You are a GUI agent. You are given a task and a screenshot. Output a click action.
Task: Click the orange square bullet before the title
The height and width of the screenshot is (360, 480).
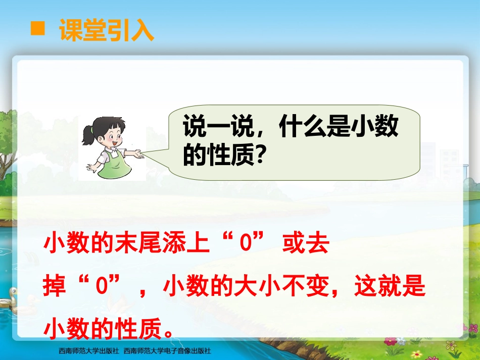tap(37, 29)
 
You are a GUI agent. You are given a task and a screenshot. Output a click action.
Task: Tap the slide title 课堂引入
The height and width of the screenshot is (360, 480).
tap(106, 31)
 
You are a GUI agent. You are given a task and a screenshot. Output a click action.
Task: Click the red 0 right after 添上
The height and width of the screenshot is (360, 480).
tap(246, 245)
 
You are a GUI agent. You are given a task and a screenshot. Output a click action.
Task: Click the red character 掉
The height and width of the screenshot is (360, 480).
tap(55, 288)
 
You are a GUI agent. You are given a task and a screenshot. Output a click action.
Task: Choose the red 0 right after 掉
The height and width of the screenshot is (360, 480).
tap(101, 288)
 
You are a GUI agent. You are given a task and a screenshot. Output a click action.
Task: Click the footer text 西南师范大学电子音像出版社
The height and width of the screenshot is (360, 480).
tap(167, 350)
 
